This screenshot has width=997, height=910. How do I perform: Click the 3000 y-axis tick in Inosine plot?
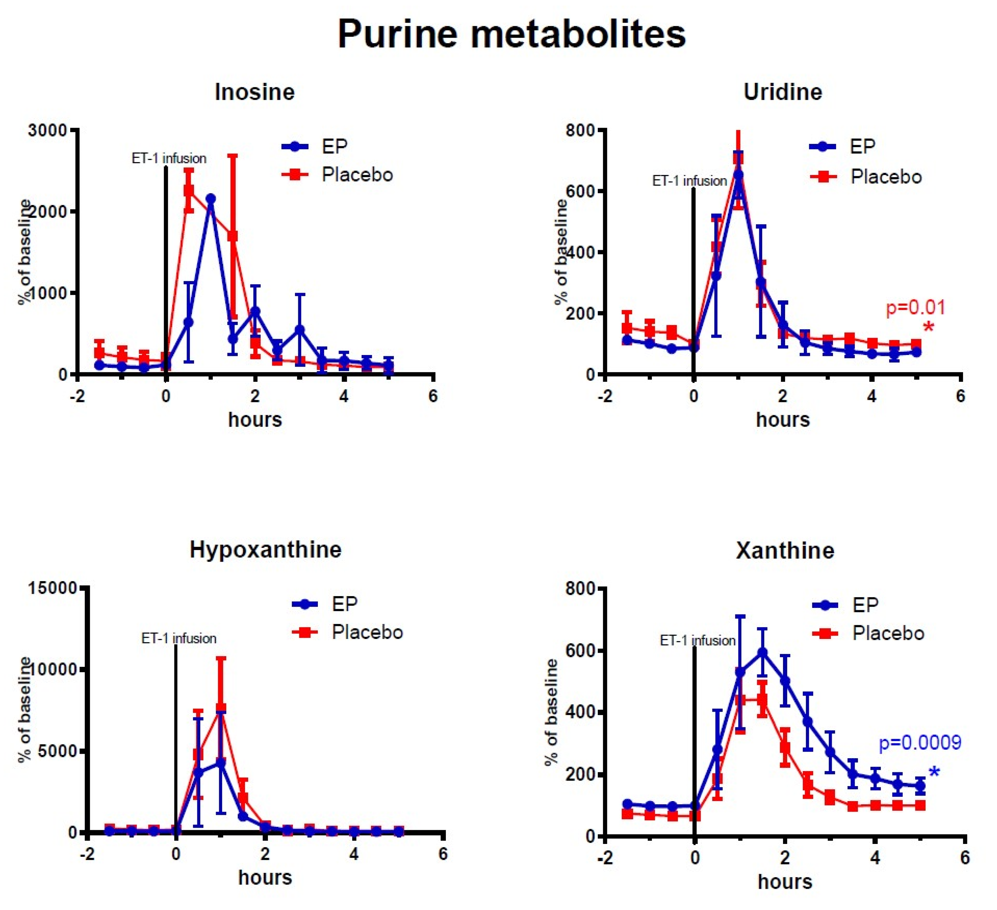pyautogui.click(x=48, y=131)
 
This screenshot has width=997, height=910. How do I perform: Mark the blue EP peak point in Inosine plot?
pyautogui.click(x=210, y=199)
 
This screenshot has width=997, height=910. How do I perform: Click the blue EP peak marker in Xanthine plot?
pyautogui.click(x=762, y=652)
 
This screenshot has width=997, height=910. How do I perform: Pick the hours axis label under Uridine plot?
pyautogui.click(x=782, y=420)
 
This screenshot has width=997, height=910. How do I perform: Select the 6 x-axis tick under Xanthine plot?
pyautogui.click(x=964, y=857)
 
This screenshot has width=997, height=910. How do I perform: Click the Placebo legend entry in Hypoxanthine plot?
pyautogui.click(x=367, y=633)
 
